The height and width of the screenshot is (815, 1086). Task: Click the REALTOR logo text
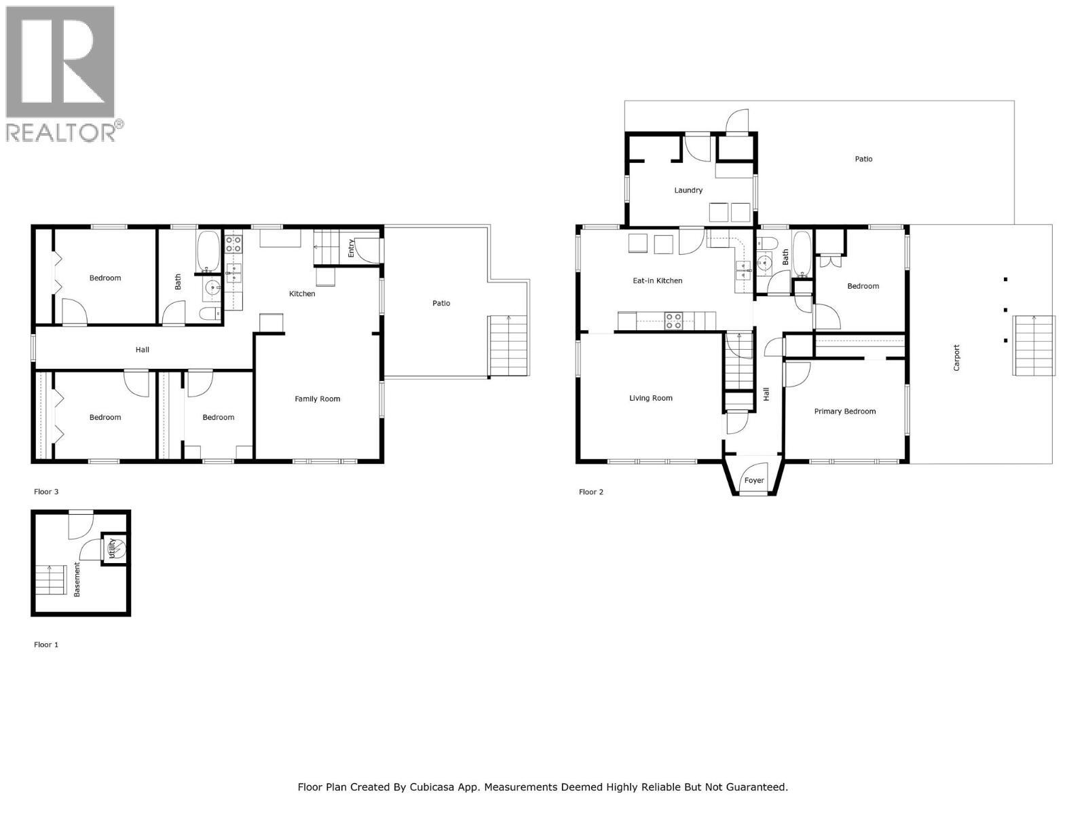coord(61,132)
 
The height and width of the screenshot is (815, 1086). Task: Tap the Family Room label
coord(317,399)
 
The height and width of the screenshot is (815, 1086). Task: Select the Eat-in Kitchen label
coord(657,280)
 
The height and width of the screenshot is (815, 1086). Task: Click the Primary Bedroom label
coord(844,411)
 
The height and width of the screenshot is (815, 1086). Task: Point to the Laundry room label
coord(688,190)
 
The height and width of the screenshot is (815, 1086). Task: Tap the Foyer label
coord(753,480)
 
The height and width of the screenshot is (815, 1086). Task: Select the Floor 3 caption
coord(46,491)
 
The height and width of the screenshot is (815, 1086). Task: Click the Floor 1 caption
coord(46,645)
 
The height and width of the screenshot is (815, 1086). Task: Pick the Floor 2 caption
coord(591,492)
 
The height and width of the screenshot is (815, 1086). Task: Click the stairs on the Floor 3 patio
coord(508,346)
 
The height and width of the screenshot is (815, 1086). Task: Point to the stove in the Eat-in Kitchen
coord(673,320)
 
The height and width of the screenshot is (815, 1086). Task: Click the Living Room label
coord(650,398)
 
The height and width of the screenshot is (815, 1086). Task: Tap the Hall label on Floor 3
coord(142,350)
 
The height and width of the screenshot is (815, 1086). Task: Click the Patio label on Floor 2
coord(863,159)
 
